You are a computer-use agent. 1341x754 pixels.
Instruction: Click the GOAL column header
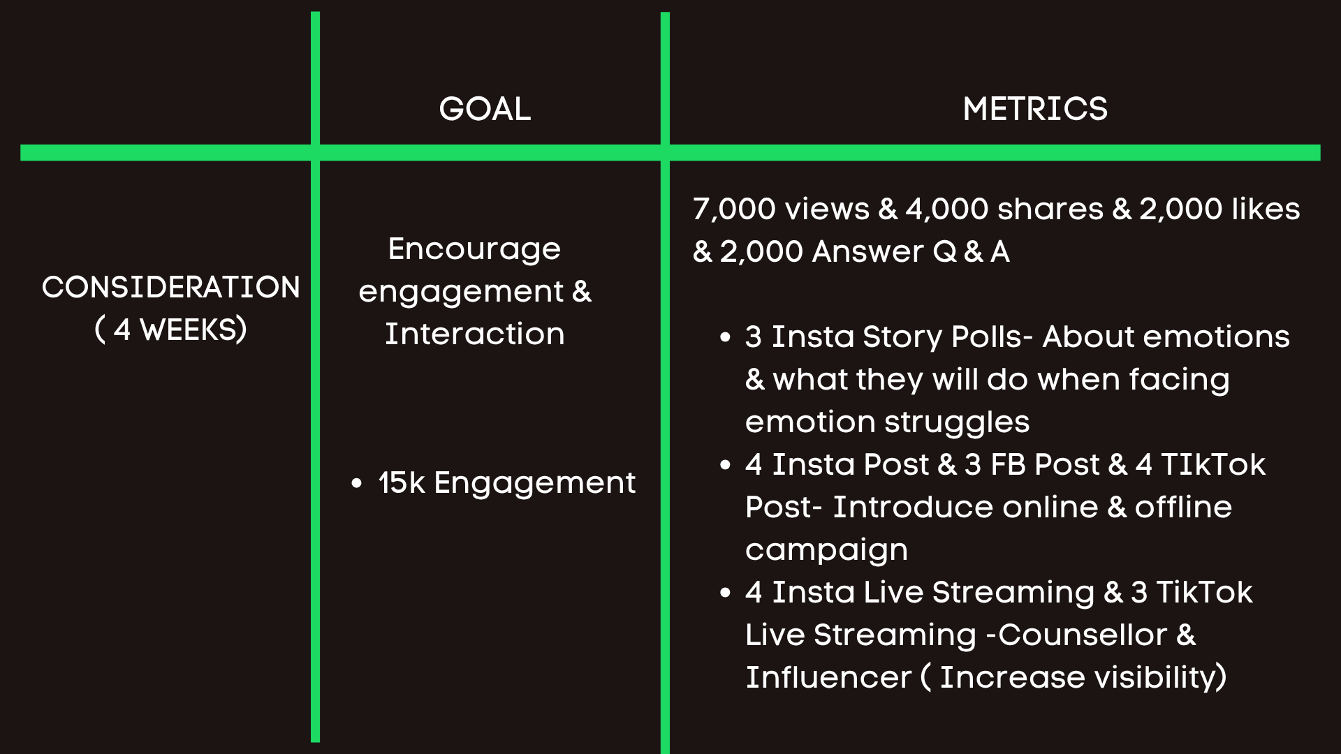(485, 109)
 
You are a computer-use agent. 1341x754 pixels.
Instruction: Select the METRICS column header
(1035, 109)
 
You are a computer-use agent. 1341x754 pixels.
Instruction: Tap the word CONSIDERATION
(170, 287)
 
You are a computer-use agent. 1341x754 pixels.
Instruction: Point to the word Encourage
(474, 249)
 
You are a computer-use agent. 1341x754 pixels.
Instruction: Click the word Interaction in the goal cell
(475, 334)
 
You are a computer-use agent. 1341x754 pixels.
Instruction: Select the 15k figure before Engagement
(402, 482)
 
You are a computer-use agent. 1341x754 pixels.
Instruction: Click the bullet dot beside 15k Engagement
(357, 482)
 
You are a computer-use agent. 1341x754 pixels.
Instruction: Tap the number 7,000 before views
(734, 209)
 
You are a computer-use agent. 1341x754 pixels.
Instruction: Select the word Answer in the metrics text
(868, 251)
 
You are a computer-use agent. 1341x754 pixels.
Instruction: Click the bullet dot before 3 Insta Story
(725, 337)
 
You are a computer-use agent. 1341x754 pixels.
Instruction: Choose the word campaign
(826, 551)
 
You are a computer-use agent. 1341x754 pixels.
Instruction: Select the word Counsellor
(1083, 635)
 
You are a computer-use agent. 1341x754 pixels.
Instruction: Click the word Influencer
(828, 677)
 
